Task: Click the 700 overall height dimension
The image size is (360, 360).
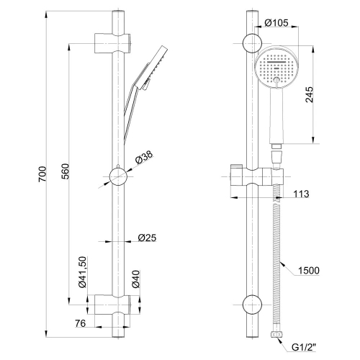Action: [x=42, y=174]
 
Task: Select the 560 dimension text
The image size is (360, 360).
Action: [x=65, y=171]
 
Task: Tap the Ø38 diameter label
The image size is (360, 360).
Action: [x=144, y=158]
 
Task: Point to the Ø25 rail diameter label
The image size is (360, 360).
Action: [x=147, y=238]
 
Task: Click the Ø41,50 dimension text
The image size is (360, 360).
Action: [x=82, y=271]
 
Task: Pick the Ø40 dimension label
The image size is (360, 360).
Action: [x=135, y=279]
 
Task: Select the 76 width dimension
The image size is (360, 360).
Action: [x=80, y=323]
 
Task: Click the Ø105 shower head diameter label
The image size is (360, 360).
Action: [x=276, y=23]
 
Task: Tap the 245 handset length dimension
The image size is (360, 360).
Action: [x=310, y=94]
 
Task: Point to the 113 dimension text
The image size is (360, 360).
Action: [x=302, y=194]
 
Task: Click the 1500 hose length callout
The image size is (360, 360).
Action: [x=309, y=271]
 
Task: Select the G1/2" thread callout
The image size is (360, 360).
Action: [x=304, y=347]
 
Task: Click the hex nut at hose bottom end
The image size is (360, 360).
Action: [x=276, y=334]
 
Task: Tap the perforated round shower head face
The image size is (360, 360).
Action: [x=276, y=68]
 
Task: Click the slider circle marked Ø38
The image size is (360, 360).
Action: [x=118, y=176]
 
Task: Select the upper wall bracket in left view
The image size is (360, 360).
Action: [x=112, y=43]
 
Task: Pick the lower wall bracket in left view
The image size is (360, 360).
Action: [x=112, y=305]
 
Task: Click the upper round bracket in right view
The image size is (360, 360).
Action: [x=252, y=43]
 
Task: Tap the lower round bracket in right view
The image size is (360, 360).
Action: [x=252, y=305]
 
